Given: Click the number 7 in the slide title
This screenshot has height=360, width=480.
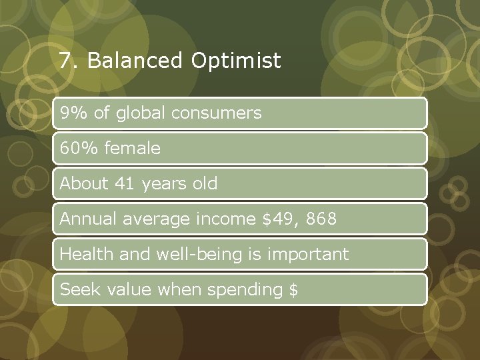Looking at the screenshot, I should [65, 61].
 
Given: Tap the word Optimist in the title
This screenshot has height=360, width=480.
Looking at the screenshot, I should [235, 61].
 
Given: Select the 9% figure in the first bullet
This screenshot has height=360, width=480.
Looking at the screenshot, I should [72, 113].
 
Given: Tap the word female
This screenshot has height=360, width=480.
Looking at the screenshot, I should [131, 149].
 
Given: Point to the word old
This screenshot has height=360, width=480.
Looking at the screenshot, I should [205, 183].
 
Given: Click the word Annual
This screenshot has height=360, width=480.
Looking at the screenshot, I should [84, 219].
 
